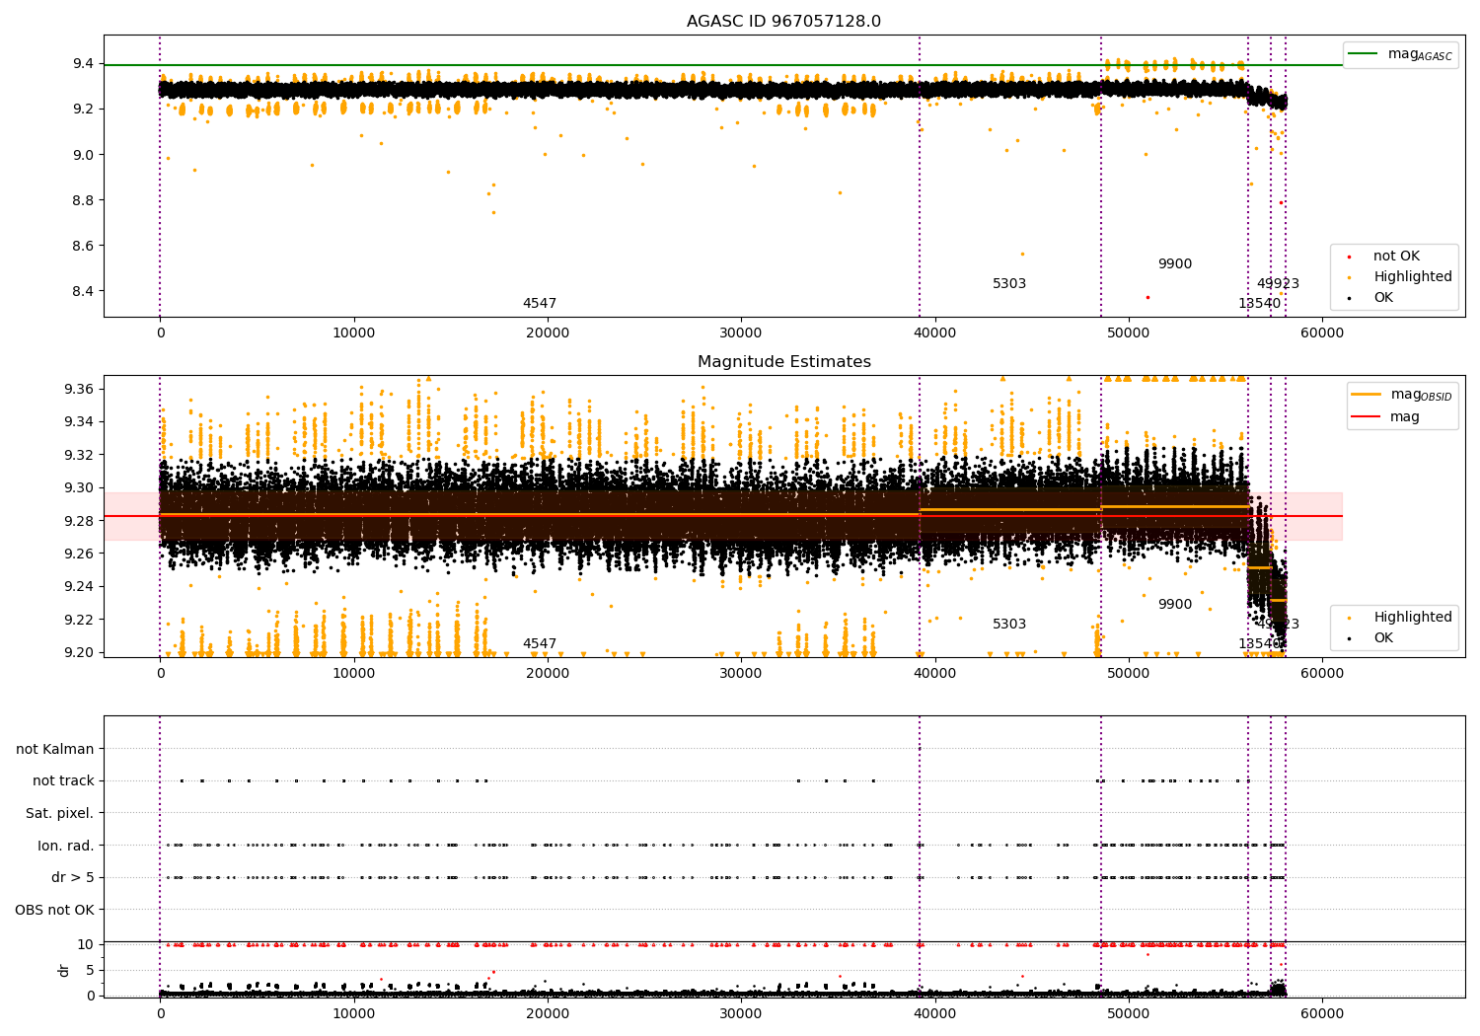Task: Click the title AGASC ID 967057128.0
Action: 783,22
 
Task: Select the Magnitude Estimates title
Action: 783,362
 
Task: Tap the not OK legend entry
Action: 1396,257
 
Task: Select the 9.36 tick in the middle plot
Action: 78,389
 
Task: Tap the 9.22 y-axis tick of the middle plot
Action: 78,620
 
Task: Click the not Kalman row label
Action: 55,749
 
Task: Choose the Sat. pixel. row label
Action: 59,813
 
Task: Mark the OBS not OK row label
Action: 54,910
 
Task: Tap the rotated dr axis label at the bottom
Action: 64,970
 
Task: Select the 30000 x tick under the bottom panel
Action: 741,1012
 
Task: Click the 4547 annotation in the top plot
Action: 540,304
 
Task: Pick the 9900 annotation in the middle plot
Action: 1174,605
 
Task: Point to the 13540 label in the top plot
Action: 1259,304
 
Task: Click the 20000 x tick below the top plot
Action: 548,333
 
